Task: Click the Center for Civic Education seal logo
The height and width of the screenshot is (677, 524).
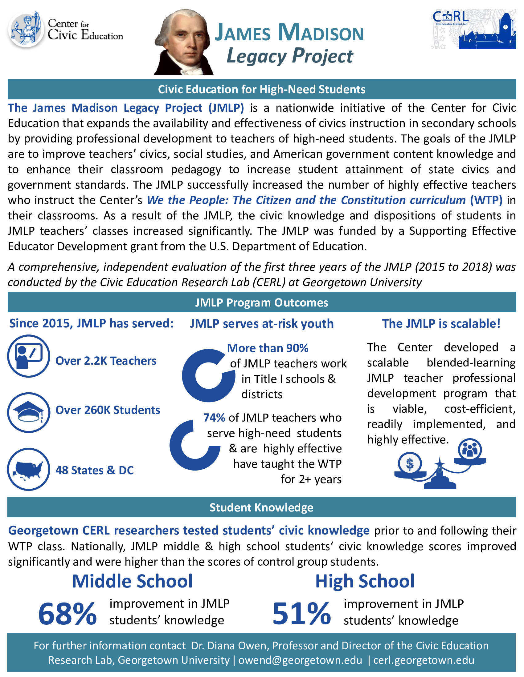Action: click(26, 30)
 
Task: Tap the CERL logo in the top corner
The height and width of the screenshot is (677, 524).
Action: click(474, 29)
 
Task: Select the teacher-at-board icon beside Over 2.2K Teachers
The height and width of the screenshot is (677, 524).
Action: click(29, 356)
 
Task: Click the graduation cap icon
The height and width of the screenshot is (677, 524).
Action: click(29, 413)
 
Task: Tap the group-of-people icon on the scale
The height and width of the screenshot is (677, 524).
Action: click(470, 449)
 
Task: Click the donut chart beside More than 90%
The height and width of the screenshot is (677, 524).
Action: click(208, 375)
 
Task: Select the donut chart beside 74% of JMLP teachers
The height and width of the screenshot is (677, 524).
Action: click(195, 445)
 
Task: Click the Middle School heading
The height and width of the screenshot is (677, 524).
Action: click(132, 581)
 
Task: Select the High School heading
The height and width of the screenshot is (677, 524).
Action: click(365, 581)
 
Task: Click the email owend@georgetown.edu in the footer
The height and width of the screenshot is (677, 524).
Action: click(300, 660)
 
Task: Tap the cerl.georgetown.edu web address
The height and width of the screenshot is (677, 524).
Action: click(424, 660)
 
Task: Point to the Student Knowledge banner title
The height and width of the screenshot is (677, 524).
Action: click(261, 507)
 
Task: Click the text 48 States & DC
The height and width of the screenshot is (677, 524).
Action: click(94, 470)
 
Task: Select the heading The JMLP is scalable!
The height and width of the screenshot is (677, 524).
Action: click(441, 324)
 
